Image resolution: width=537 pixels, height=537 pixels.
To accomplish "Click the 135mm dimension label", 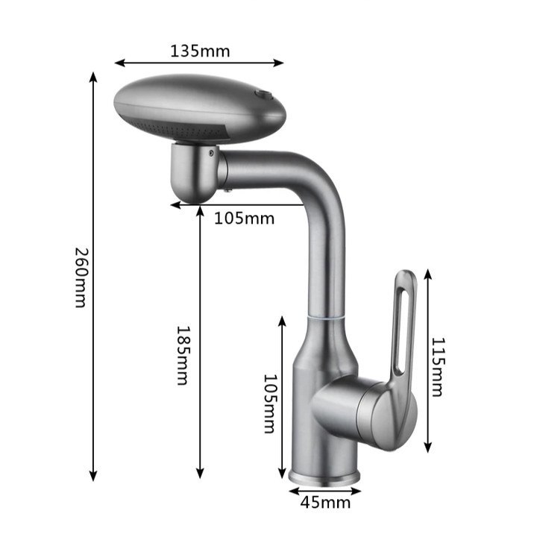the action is pyautogui.click(x=200, y=51).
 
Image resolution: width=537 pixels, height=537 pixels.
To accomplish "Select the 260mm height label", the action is pyautogui.click(x=82, y=277).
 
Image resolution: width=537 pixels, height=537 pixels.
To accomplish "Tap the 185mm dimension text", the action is pyautogui.click(x=183, y=355).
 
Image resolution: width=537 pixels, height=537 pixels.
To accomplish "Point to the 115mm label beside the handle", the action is pyautogui.click(x=438, y=367).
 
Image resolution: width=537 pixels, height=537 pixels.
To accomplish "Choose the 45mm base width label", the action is pyautogui.click(x=325, y=503).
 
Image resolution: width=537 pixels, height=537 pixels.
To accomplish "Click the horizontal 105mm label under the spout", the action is pyautogui.click(x=244, y=219).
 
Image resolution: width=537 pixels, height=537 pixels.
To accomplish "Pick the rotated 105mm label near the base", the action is pyautogui.click(x=271, y=403).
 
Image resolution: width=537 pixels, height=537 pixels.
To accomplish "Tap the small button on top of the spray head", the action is pyautogui.click(x=264, y=94).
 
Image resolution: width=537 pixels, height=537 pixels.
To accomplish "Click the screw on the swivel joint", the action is pyautogui.click(x=211, y=153).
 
